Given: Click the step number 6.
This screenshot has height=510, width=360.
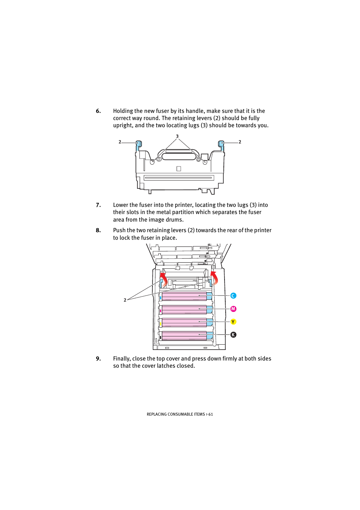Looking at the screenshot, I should tap(98, 111).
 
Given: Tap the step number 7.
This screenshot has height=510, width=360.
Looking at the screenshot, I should tap(98, 205).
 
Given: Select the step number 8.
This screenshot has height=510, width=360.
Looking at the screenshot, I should tap(98, 230).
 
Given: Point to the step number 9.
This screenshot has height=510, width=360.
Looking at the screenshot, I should tap(98, 359).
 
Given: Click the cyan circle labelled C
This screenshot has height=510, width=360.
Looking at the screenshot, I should tap(233, 296).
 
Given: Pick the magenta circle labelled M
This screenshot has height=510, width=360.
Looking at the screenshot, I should tap(233, 309).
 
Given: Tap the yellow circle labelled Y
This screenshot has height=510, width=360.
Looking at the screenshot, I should tap(233, 322).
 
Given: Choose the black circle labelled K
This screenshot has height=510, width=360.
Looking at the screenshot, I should tap(233, 335).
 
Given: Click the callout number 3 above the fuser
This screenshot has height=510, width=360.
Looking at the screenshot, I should tap(177, 136).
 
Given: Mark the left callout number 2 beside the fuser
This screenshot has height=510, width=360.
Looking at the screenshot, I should tap(120, 142).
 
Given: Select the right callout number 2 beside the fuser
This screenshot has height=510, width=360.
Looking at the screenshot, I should tap(240, 142).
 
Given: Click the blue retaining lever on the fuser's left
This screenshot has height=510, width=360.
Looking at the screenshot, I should tap(138, 145).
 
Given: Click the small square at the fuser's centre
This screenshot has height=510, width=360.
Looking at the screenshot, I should tap(178, 169).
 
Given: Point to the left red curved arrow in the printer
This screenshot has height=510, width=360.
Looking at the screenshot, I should tap(164, 279).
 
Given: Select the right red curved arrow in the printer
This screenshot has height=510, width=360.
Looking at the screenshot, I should tap(214, 277).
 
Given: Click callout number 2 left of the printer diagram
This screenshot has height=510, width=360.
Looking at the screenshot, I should tap(125, 300).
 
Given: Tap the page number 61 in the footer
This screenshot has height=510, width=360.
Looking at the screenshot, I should tap(211, 414).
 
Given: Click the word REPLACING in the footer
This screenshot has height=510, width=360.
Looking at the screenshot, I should tap(156, 414).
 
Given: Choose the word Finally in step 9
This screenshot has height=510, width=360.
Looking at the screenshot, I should tap(122, 359).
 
